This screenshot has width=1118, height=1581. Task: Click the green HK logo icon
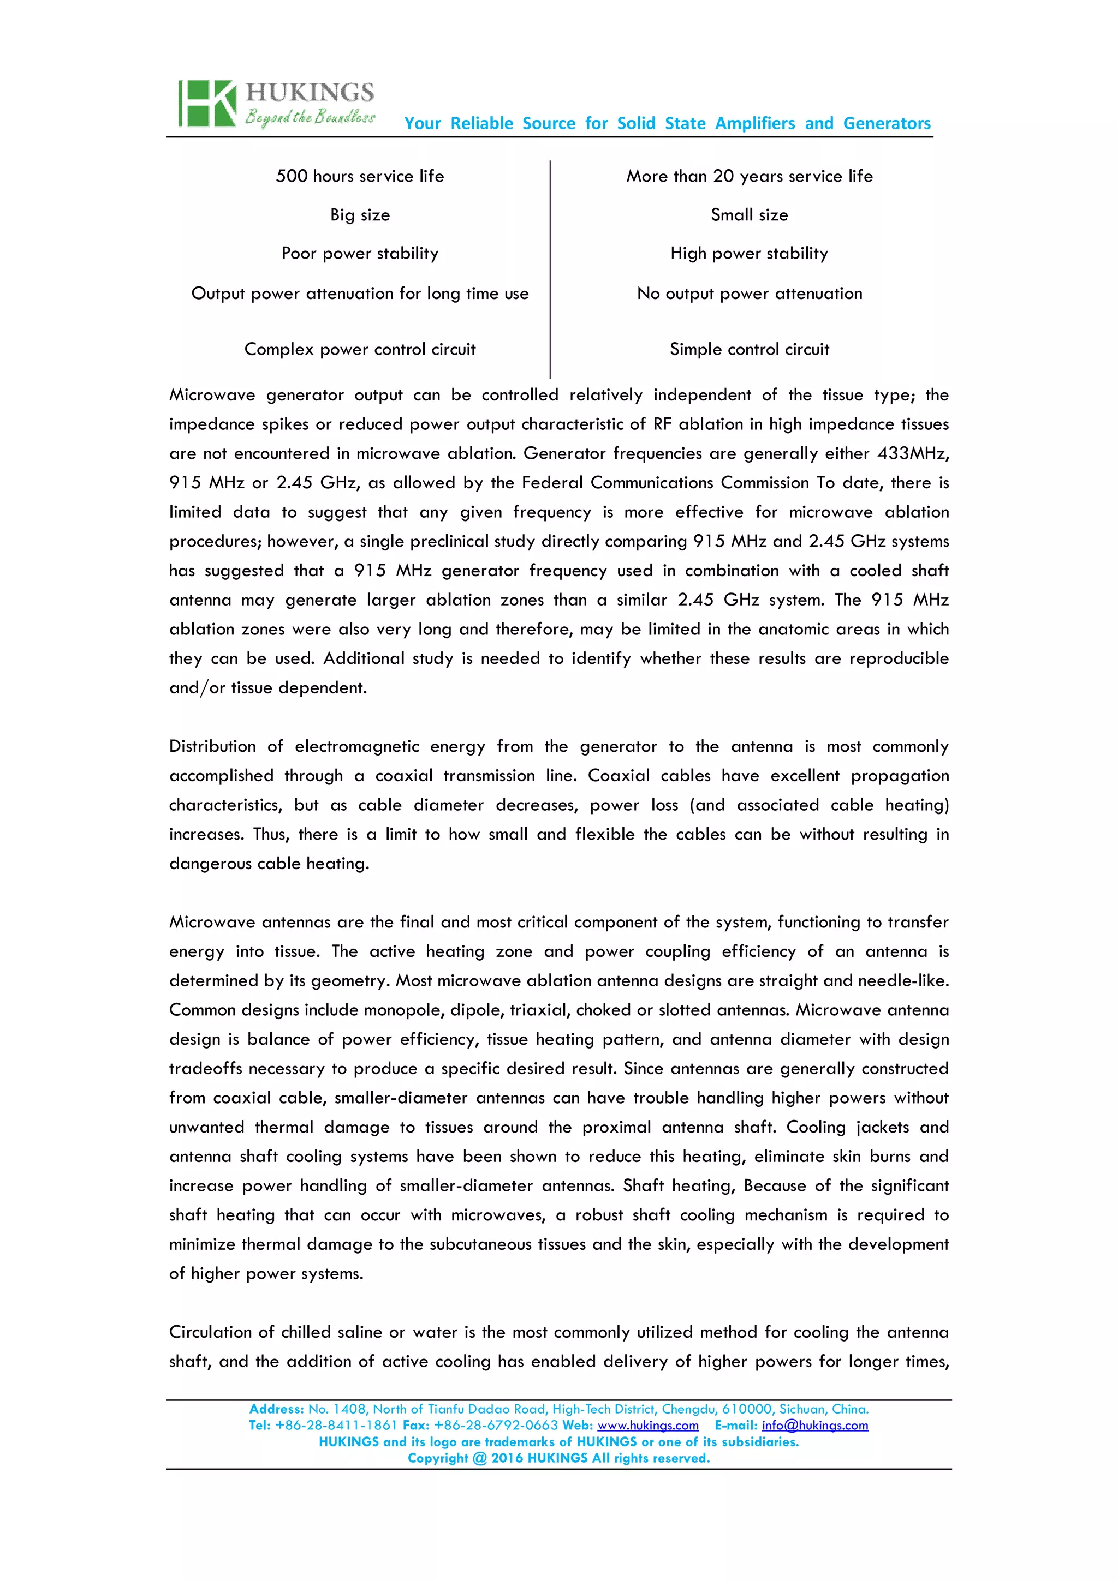(x=207, y=103)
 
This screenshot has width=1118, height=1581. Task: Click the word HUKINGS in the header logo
(x=310, y=92)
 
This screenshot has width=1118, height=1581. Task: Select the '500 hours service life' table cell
(x=360, y=176)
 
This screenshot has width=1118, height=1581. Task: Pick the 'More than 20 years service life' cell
(x=749, y=176)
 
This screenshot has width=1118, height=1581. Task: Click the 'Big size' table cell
(x=360, y=215)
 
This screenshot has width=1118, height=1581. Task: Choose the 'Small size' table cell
(x=749, y=215)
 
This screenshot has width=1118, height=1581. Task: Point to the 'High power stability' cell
(x=749, y=253)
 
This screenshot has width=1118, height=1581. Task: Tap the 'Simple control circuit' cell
(x=749, y=349)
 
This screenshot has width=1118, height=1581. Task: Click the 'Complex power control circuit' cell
(x=360, y=349)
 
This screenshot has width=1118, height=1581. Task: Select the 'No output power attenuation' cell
(x=749, y=294)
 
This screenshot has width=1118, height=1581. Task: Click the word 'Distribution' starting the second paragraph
(x=212, y=746)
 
